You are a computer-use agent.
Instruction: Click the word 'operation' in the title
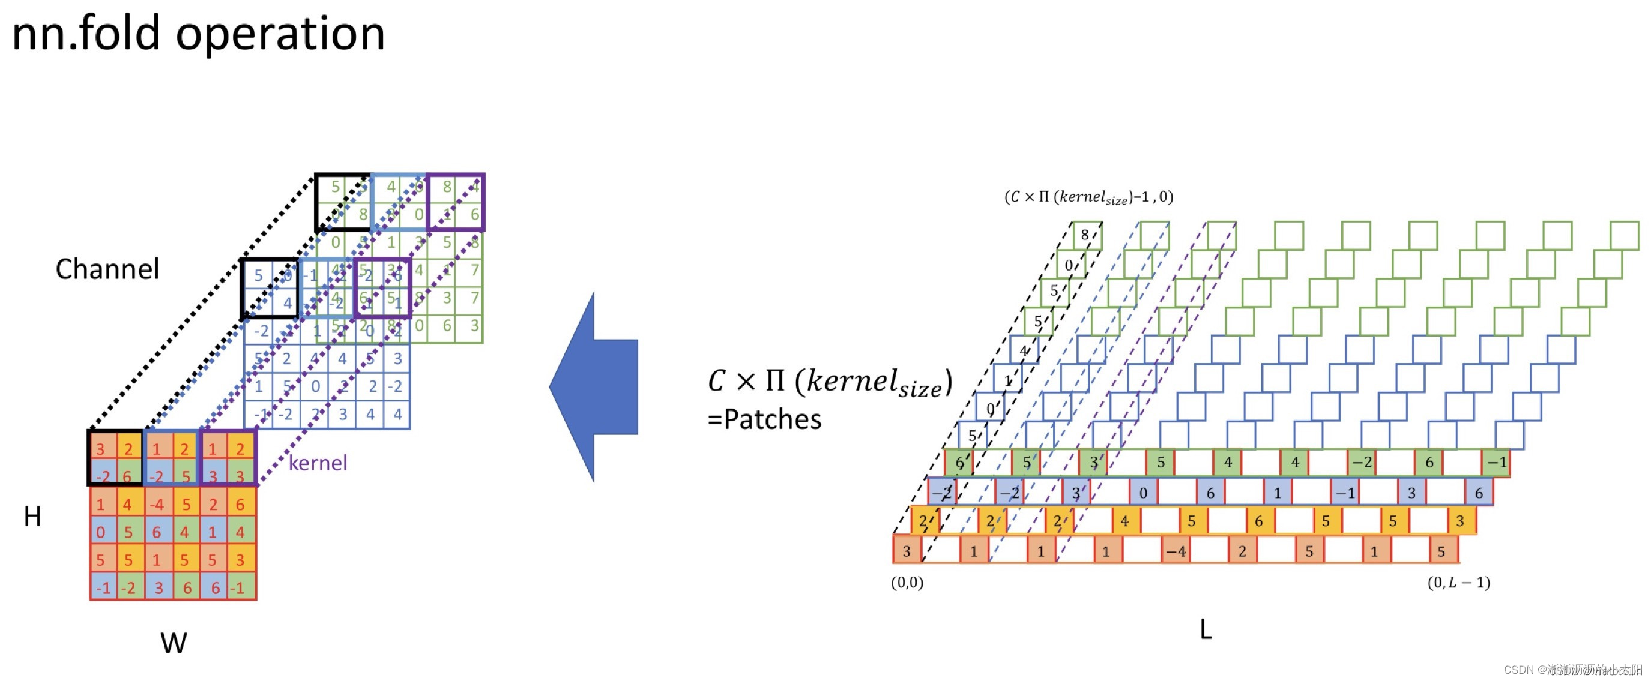coord(280,35)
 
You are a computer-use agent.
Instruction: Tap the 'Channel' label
coord(107,269)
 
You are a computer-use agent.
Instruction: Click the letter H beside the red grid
coord(32,517)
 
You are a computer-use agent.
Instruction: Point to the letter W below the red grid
coord(173,643)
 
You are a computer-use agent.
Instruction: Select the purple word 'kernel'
coord(318,463)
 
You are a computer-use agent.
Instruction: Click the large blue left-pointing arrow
coord(594,387)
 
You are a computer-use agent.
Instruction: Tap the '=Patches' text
coord(764,419)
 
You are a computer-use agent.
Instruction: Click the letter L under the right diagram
coord(1205,630)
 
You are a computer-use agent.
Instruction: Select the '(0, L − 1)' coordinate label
coord(1458,583)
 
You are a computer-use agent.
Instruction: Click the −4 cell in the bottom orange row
coord(1176,551)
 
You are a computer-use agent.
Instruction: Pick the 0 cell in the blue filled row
coord(1142,493)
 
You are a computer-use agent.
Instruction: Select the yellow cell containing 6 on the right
coord(1259,521)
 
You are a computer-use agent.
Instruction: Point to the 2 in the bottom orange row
coord(1242,551)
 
